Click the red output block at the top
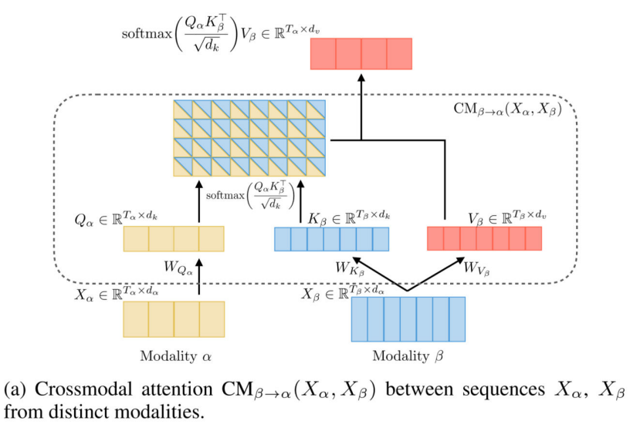[x=361, y=53]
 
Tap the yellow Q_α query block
[x=174, y=239]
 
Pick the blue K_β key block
[x=331, y=239]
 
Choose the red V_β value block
[x=484, y=239]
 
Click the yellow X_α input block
[x=174, y=318]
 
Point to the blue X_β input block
[x=408, y=318]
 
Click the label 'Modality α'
[x=174, y=357]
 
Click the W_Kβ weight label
[x=349, y=269]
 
